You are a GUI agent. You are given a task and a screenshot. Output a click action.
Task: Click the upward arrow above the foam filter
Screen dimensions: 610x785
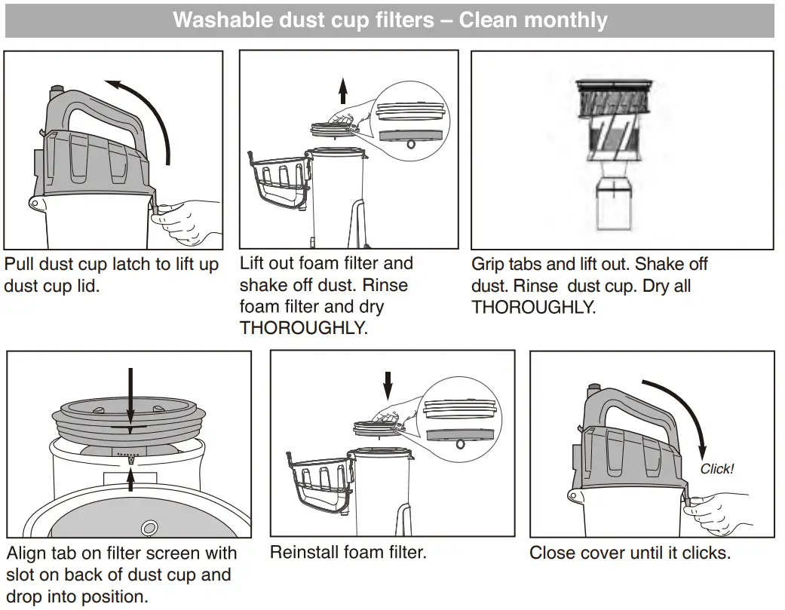point(343,91)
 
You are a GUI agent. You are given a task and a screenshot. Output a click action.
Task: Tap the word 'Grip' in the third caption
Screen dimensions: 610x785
point(487,265)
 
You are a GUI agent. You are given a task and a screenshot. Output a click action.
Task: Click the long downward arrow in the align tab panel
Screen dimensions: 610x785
point(130,400)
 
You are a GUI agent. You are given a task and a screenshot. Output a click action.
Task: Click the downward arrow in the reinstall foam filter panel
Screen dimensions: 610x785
point(388,385)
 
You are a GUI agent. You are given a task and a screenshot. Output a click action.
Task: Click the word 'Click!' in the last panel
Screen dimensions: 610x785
point(716,469)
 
